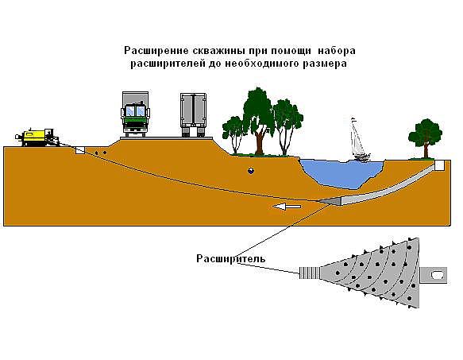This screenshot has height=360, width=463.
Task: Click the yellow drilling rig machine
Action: click(x=37, y=137)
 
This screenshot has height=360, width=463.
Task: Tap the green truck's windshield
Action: click(x=136, y=111)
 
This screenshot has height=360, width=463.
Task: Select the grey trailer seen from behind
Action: click(x=193, y=115)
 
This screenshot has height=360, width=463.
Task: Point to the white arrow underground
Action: click(x=287, y=207)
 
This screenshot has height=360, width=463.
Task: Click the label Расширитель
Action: click(x=231, y=258)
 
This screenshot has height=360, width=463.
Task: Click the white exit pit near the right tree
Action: click(x=439, y=165)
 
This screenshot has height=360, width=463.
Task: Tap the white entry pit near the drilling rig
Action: click(x=80, y=151)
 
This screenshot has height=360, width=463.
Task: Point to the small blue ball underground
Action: click(x=251, y=171)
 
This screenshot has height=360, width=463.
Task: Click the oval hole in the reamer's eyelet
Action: click(x=436, y=275)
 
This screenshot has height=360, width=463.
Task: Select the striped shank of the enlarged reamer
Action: click(x=310, y=273)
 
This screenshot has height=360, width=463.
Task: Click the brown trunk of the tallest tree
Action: click(x=260, y=142)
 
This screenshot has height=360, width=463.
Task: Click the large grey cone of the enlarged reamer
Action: click(x=381, y=273)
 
